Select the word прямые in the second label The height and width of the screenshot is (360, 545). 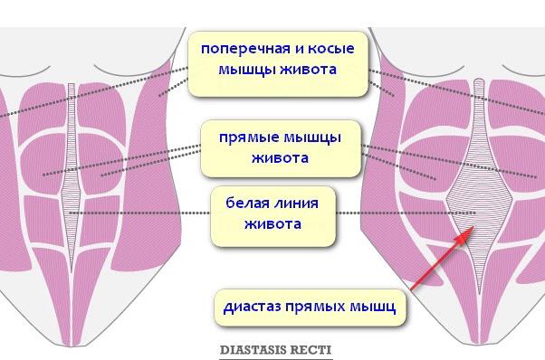tap(248, 138)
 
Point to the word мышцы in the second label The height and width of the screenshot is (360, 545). tap(309, 138)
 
